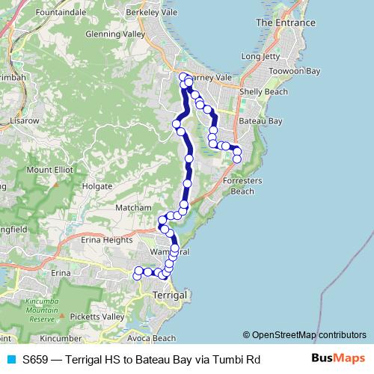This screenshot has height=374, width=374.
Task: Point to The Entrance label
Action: (x=285, y=23)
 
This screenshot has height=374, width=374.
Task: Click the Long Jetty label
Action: (x=261, y=56)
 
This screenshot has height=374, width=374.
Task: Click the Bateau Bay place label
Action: (x=259, y=120)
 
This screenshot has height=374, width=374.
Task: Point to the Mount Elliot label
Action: (x=49, y=170)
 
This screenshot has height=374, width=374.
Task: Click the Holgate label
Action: (x=97, y=186)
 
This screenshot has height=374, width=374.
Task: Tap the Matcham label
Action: (x=134, y=209)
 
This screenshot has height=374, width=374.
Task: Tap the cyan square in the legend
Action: (x=10, y=359)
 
